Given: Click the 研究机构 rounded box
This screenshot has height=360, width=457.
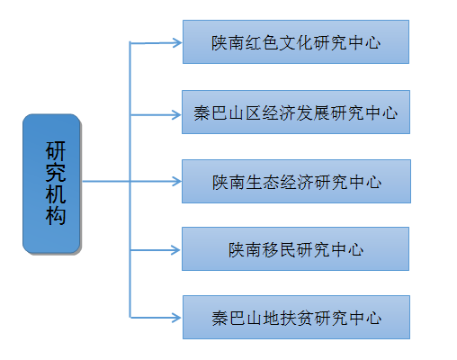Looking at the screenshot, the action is coord(51,184).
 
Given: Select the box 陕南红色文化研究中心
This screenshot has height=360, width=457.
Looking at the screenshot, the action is coord(296,42).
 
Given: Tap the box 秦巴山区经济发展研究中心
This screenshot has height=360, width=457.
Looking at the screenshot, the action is coord(296,112).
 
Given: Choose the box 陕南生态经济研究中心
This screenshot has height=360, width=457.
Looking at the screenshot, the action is coord(296,181).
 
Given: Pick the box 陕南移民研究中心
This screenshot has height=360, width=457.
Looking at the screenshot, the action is coord(295,249).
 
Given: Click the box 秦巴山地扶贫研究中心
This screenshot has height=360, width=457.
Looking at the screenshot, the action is coord(296,318).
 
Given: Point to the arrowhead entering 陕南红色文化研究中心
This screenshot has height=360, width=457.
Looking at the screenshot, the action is coord(177,42).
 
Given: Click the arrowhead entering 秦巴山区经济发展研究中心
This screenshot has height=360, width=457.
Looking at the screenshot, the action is coord(177,114).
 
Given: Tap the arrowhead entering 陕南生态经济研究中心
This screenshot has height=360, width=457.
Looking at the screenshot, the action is coord(177,181).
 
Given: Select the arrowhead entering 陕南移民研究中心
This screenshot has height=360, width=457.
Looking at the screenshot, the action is coord(176,250).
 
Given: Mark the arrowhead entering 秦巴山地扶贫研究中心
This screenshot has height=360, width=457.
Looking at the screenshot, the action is coord(177,318).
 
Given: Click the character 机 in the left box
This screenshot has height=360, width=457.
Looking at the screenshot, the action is coord(56,193).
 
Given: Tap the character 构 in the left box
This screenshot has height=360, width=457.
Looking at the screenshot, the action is coord(56,215).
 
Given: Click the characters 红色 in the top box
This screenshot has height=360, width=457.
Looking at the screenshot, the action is coord(262,42).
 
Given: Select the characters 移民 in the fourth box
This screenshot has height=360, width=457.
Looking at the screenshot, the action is coord(279,249).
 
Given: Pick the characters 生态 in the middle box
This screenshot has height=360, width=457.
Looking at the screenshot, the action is coord(262,182).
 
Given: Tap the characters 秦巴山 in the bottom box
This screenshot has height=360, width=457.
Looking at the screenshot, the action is coord(237,318).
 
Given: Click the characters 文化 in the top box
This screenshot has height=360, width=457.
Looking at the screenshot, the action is coord(296,42).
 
